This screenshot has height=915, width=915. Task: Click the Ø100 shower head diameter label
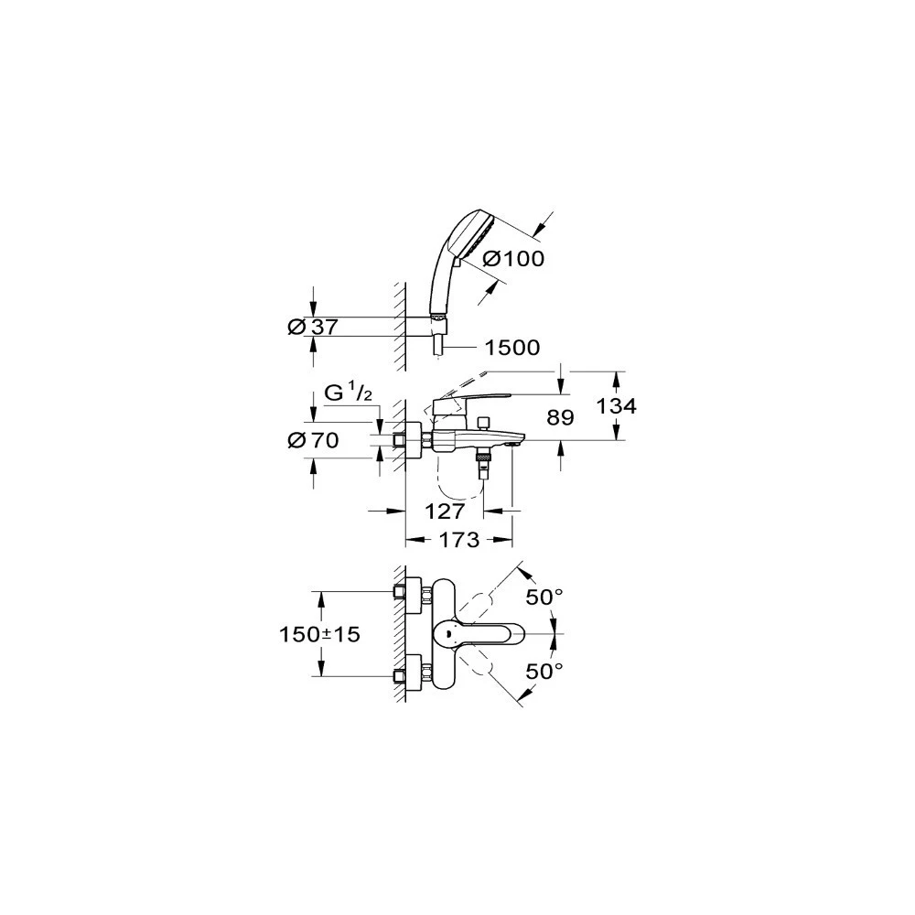point(514,258)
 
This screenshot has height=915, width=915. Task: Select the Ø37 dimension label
point(313,328)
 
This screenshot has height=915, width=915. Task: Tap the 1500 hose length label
point(512,348)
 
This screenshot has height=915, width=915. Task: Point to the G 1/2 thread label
point(348,393)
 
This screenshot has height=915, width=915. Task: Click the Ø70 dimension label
point(313,440)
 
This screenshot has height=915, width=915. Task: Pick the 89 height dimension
point(560,417)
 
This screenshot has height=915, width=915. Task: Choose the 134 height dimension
point(616,405)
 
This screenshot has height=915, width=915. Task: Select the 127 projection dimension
point(445,511)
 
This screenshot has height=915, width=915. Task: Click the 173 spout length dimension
point(458,540)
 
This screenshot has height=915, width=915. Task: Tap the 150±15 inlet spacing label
point(319,634)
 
